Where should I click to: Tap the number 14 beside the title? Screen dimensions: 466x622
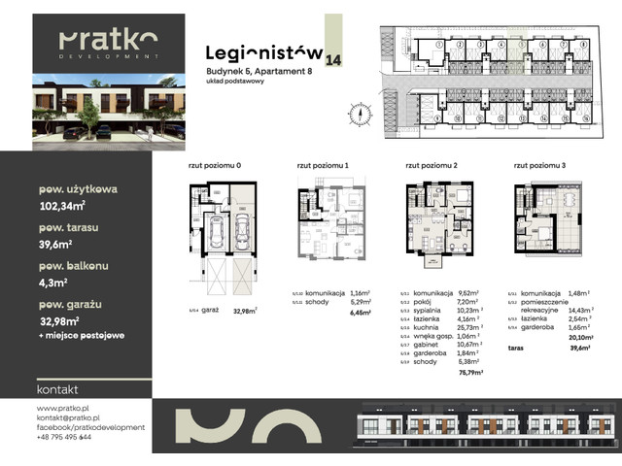tap(334, 60)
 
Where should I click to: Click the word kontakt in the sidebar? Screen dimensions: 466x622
tap(57, 389)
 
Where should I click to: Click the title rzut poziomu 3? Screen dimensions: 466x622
tap(536, 166)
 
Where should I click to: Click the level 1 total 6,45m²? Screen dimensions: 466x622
tap(361, 314)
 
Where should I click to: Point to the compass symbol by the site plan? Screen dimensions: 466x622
tap(359, 111)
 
